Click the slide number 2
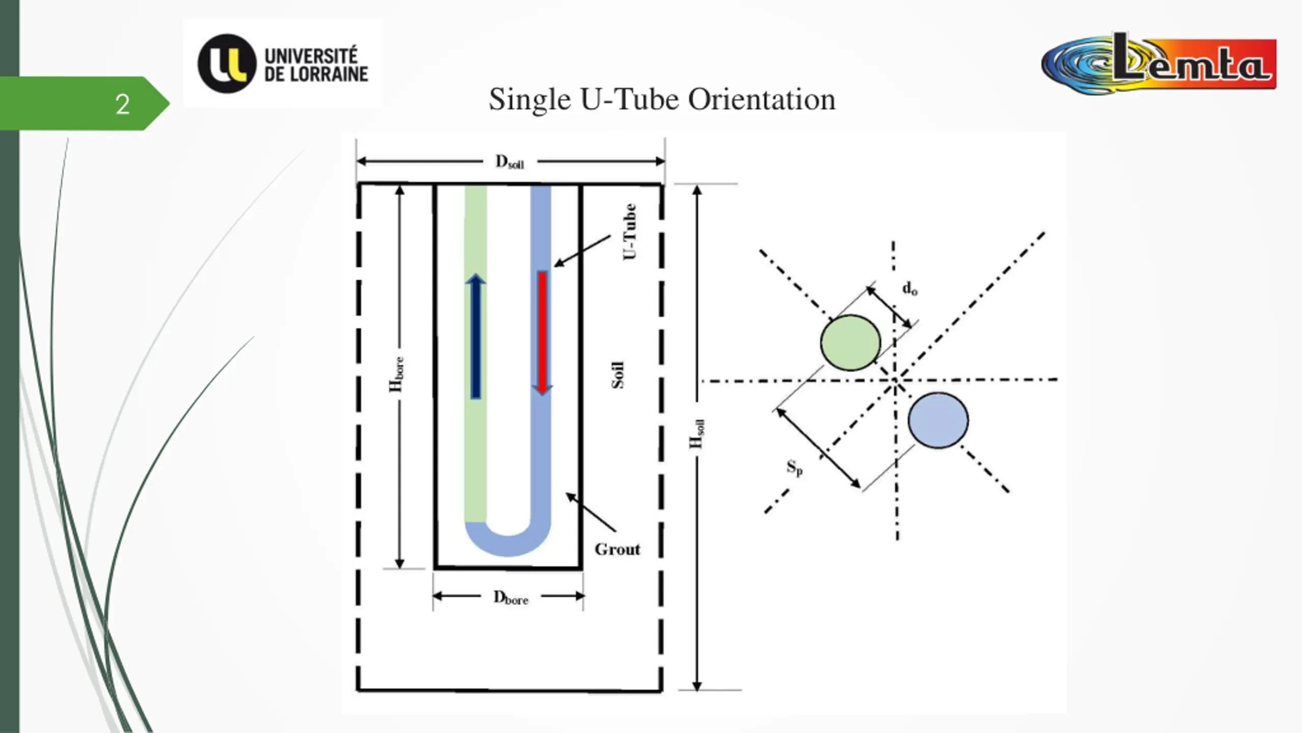pos(122,104)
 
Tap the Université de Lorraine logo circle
pos(226,64)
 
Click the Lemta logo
pos(1160,64)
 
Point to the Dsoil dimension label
pos(510,162)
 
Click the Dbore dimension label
pos(511,597)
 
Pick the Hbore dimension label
pos(396,375)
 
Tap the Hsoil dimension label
pos(696,434)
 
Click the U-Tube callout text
pos(630,232)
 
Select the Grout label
pos(617,549)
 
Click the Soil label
pos(617,375)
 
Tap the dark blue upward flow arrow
pos(476,336)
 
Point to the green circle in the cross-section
pos(850,343)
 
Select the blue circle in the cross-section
pos(938,420)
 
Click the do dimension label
pos(909,289)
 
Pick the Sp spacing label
pos(794,467)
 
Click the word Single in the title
pos(529,99)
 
